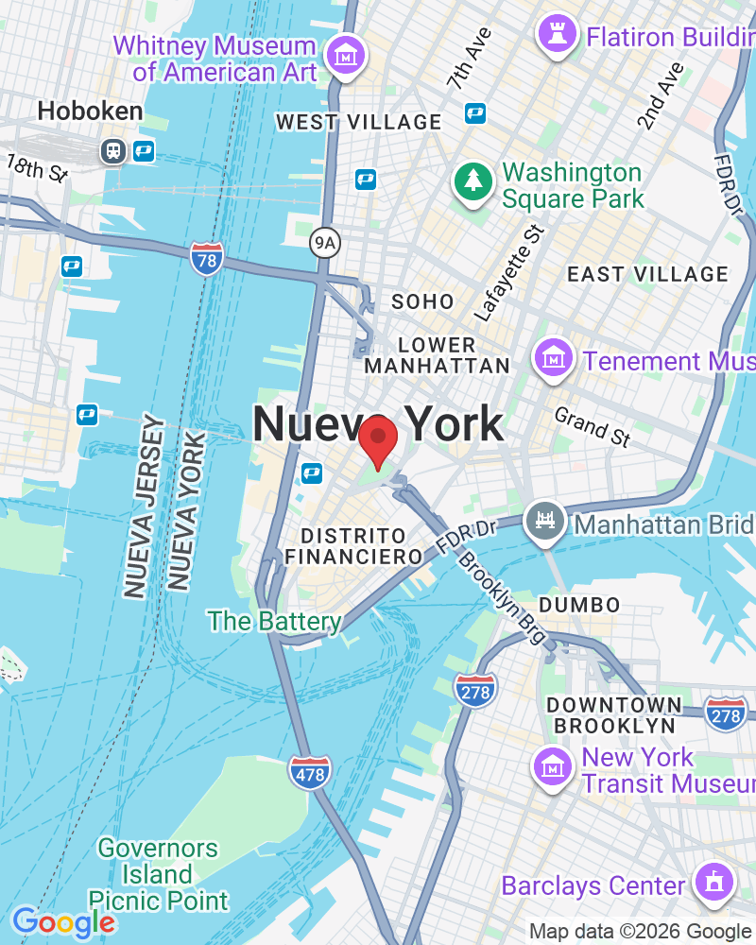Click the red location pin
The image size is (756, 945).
pyautogui.click(x=378, y=438)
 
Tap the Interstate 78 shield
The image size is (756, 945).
pyautogui.click(x=206, y=257)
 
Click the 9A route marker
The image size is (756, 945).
pyautogui.click(x=324, y=244)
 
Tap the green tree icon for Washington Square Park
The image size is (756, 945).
pyautogui.click(x=472, y=181)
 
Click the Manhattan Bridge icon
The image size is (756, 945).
pyautogui.click(x=546, y=523)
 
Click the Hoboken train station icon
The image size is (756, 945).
pyautogui.click(x=113, y=149)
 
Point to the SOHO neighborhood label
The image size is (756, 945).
pyautogui.click(x=422, y=302)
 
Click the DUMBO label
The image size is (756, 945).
pyautogui.click(x=579, y=604)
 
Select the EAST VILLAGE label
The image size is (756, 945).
pyautogui.click(x=647, y=274)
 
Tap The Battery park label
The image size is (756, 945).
pyautogui.click(x=274, y=621)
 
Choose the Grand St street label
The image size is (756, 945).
pyautogui.click(x=592, y=426)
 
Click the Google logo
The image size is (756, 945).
pyautogui.click(x=63, y=922)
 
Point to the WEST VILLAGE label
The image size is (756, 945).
pyautogui.click(x=358, y=122)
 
